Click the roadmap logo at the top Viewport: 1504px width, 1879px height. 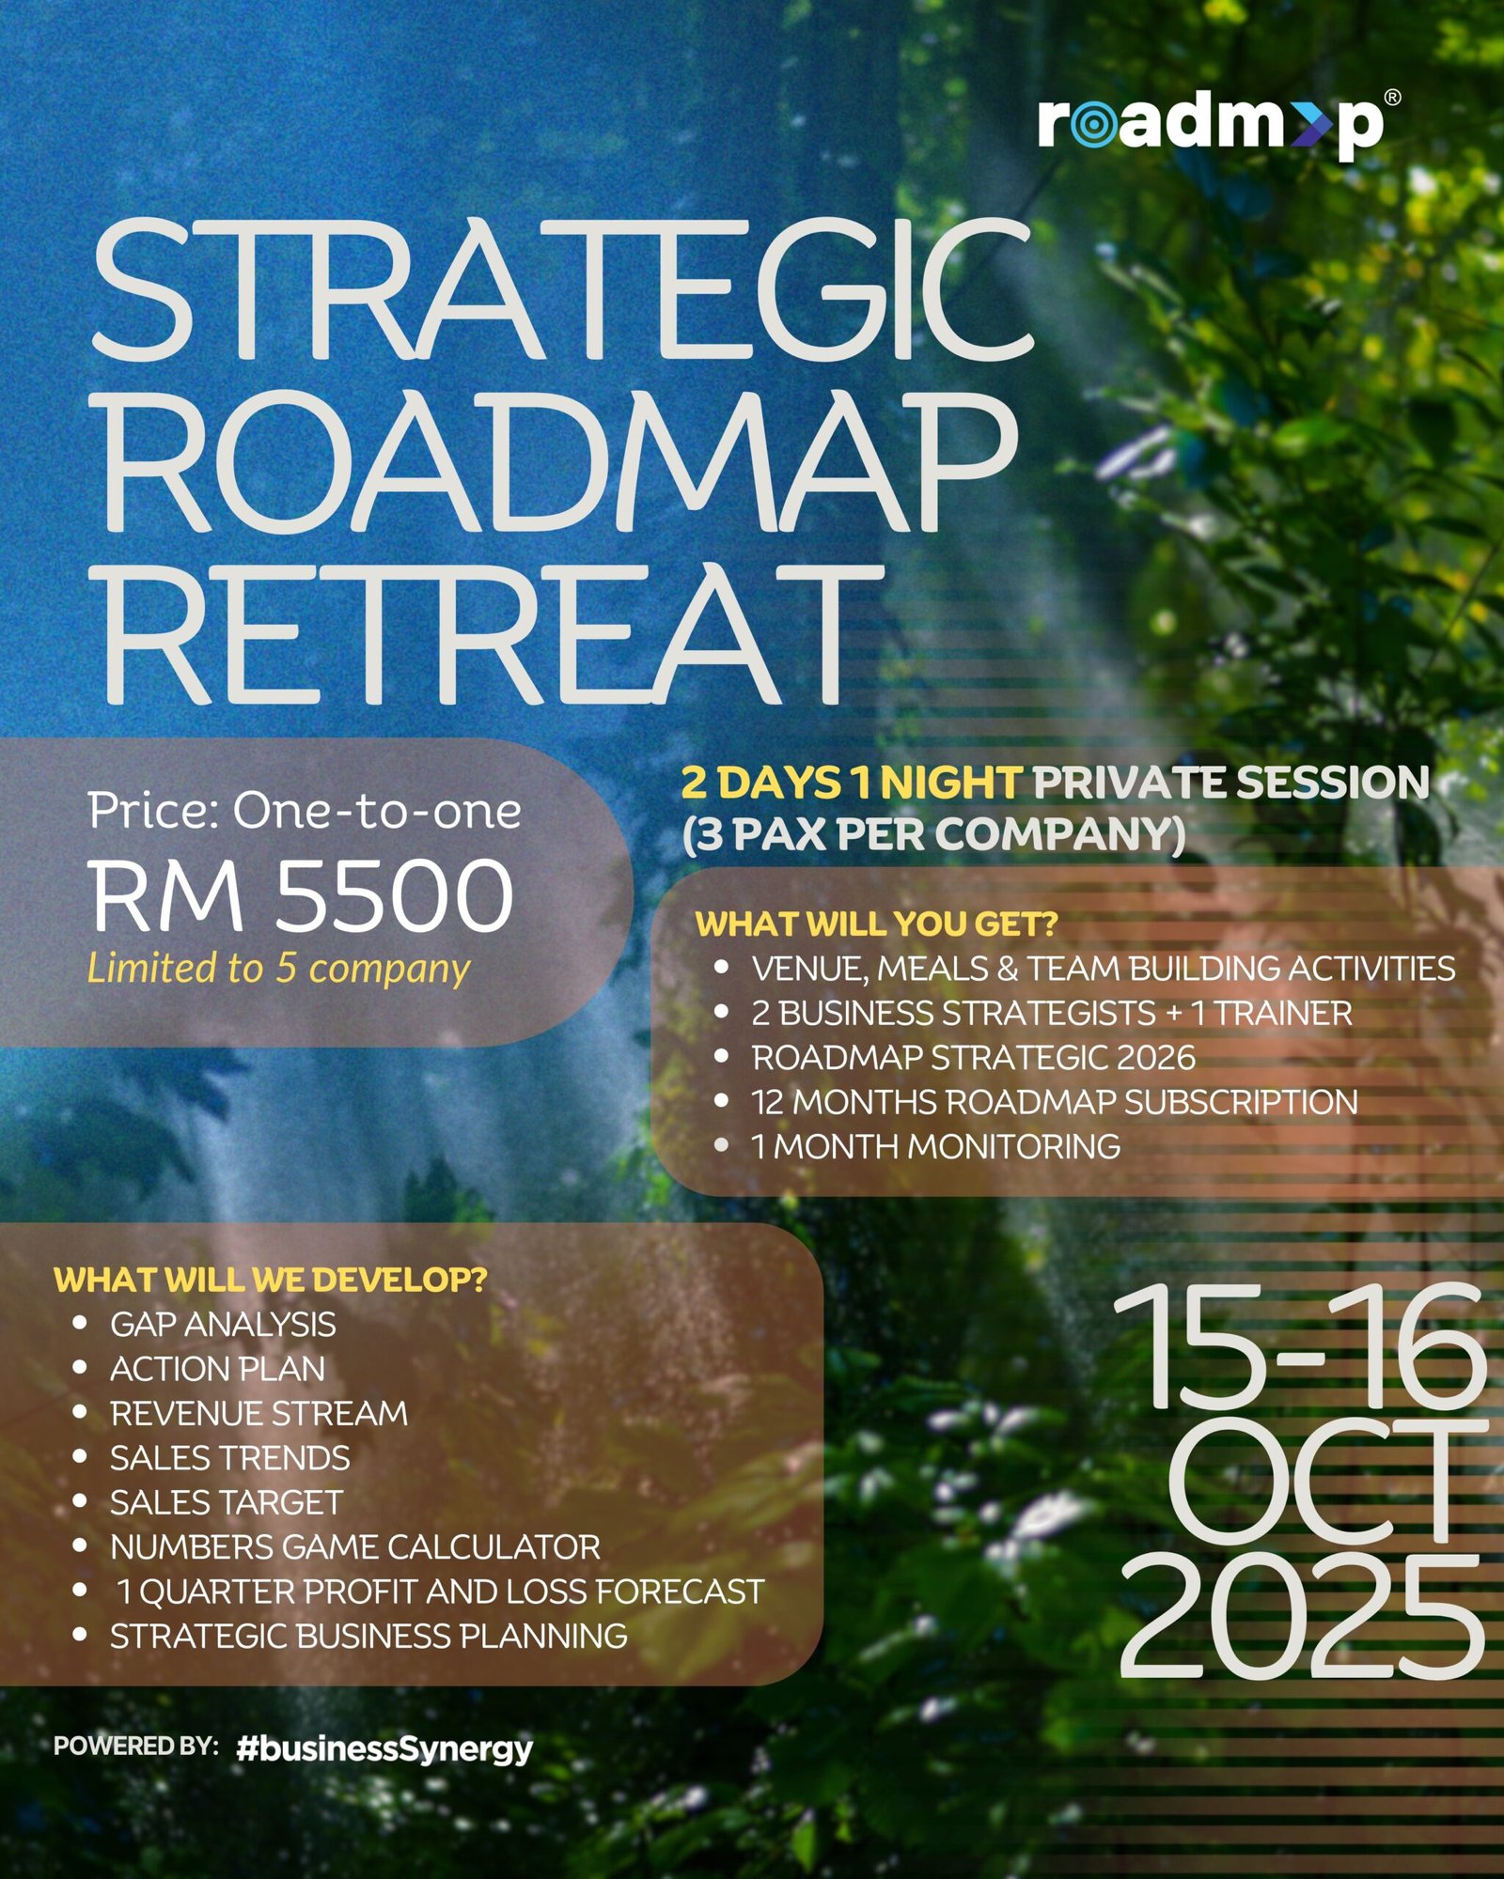pos(1211,125)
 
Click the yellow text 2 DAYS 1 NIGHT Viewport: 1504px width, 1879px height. pos(851,783)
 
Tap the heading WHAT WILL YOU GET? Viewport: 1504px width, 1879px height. pos(876,924)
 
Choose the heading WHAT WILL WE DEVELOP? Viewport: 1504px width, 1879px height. pos(271,1280)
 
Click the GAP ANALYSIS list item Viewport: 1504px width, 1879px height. pos(223,1325)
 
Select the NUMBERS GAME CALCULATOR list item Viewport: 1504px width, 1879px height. pos(355,1547)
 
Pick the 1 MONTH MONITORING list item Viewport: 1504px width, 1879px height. pos(935,1146)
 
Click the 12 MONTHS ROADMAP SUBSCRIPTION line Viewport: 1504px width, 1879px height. pos(1055,1102)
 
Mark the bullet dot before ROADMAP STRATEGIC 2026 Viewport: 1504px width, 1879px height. pos(721,1056)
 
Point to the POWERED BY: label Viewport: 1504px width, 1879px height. pos(136,1747)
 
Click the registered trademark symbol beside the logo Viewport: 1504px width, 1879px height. pos(1393,97)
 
